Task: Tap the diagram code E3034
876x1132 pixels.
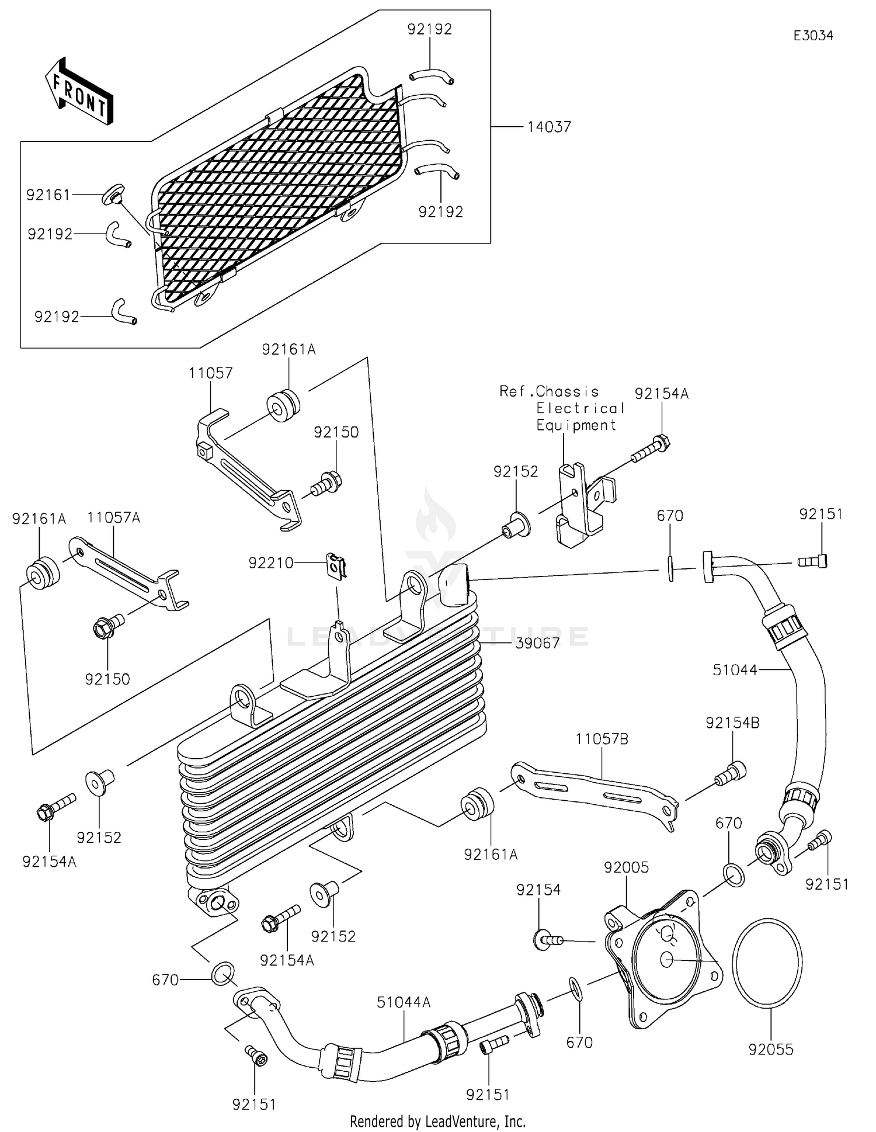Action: click(813, 36)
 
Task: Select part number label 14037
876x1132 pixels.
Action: click(549, 127)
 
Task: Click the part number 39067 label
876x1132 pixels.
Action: click(537, 643)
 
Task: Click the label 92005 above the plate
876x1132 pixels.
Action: click(626, 867)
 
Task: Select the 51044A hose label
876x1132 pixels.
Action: click(404, 1002)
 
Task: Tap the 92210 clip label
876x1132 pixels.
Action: click(271, 563)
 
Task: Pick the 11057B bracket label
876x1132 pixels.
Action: click(602, 739)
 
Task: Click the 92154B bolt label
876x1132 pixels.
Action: click(732, 723)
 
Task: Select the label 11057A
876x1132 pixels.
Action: click(114, 518)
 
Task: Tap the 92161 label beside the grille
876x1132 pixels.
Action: click(48, 195)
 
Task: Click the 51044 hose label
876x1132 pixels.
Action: click(735, 670)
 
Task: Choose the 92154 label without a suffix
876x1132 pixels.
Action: click(538, 890)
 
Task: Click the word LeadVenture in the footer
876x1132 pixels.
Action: click(462, 1121)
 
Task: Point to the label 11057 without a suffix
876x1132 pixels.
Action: click(210, 373)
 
